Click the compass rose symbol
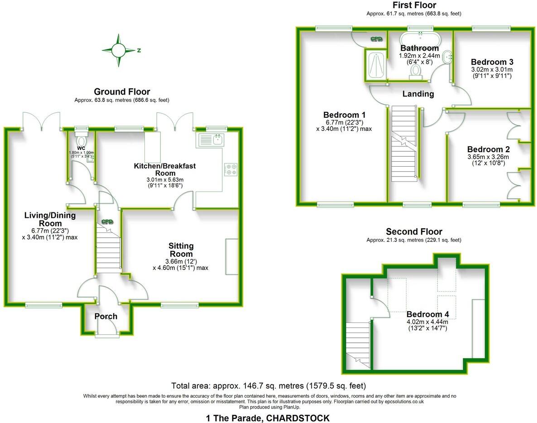[119, 50]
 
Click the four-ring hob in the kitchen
[231, 169]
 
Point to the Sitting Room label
[181, 250]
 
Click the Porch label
[106, 316]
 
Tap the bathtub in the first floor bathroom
[420, 38]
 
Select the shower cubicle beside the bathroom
[375, 64]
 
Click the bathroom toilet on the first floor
[416, 72]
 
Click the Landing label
[418, 94]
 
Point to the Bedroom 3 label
[492, 62]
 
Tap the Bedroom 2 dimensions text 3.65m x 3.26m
[492, 157]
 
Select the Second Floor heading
[413, 232]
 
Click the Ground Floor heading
[122, 92]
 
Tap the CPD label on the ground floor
[107, 222]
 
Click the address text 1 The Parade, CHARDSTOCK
[268, 418]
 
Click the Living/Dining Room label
[50, 219]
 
